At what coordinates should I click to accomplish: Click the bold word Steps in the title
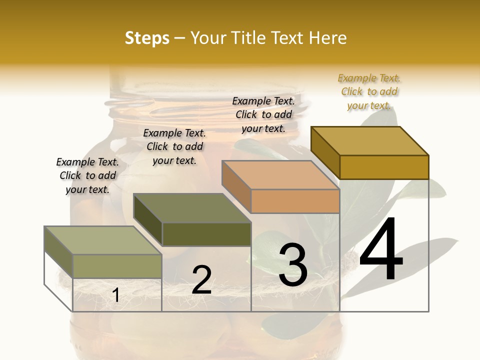pos(147,38)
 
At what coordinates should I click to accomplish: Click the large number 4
pos(381,250)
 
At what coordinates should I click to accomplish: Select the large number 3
pos(292,265)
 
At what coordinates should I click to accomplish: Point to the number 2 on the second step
pos(201,280)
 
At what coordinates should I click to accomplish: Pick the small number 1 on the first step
pos(115,295)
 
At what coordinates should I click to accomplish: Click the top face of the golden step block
pos(369,141)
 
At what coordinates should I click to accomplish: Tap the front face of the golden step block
pos(384,167)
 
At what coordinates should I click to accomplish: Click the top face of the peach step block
pos(280,175)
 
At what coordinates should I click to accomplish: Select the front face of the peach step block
pos(295,201)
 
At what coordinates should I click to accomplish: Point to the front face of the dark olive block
pos(206,234)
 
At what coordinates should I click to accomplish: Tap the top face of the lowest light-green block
pos(103,240)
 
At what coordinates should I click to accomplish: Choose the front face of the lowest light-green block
pos(117,266)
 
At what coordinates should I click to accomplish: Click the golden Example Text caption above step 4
pos(369,92)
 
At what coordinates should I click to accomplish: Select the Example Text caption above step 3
pos(263,114)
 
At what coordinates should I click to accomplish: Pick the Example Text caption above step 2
pos(174,146)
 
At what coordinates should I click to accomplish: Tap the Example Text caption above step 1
pos(87,175)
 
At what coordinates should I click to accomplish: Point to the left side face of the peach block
pos(236,187)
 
